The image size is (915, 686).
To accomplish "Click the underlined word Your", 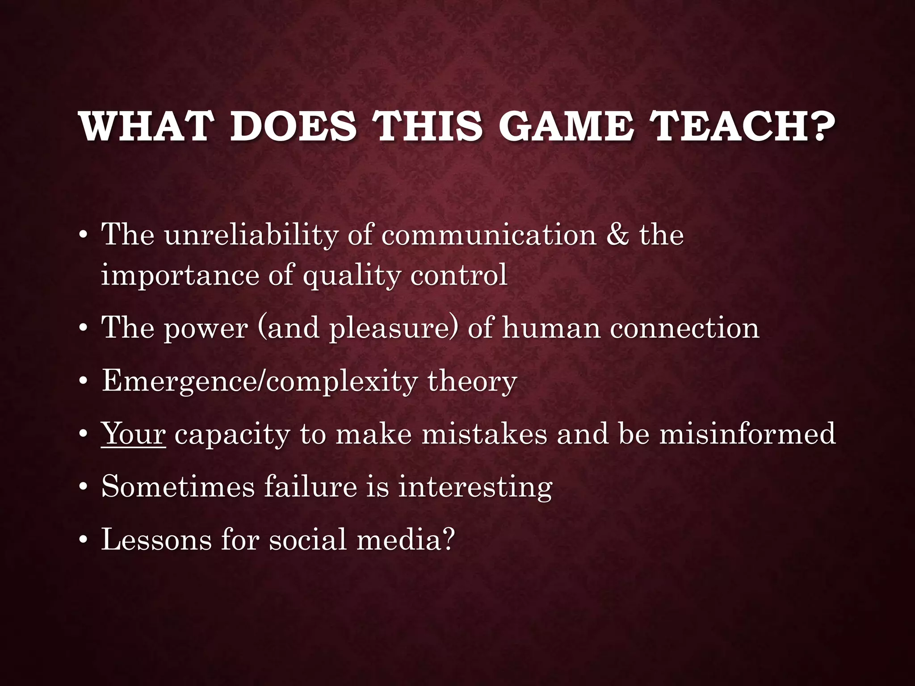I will pyautogui.click(x=134, y=434).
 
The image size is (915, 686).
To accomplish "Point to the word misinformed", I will pyautogui.click(x=747, y=434).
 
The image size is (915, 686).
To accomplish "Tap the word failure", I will pyautogui.click(x=311, y=486).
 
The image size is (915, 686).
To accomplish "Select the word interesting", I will pyautogui.click(x=475, y=487).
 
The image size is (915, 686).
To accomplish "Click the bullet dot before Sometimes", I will pyautogui.click(x=82, y=488).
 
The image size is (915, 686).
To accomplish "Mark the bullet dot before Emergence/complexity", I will pyautogui.click(x=82, y=382).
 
